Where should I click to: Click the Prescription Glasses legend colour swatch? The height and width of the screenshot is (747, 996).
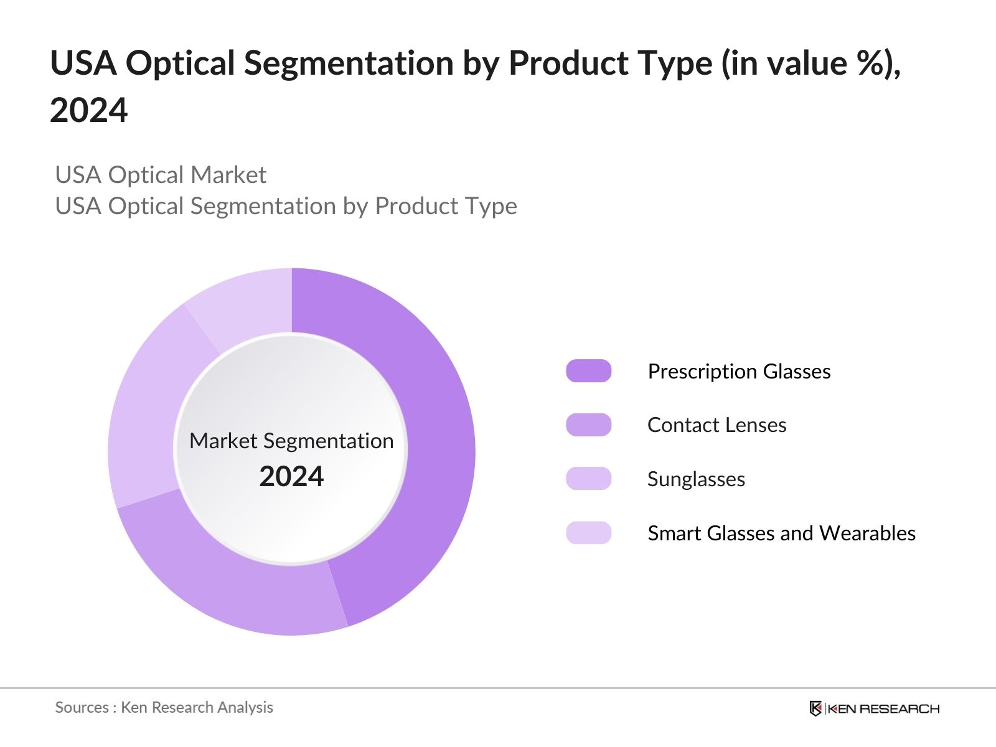(588, 371)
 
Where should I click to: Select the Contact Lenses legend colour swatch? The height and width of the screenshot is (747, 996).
(588, 425)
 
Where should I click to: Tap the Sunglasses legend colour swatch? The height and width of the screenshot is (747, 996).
(588, 479)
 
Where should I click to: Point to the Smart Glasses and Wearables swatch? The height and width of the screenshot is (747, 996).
(588, 533)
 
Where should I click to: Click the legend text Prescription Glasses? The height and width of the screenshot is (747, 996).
(739, 371)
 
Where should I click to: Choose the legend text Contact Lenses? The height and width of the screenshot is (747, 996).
(716, 425)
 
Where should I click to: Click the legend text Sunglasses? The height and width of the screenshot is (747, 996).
(696, 479)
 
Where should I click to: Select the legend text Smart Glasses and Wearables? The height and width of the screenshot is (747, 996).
(781, 533)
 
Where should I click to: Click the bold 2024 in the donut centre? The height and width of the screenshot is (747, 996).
(291, 477)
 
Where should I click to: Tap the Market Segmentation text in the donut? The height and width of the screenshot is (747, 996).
(291, 441)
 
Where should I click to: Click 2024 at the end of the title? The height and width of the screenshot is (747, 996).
(89, 111)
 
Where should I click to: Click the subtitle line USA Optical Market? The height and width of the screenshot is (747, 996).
(161, 175)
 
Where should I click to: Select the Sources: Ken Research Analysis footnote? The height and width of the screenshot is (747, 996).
(164, 707)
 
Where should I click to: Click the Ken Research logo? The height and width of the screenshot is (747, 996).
(874, 708)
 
